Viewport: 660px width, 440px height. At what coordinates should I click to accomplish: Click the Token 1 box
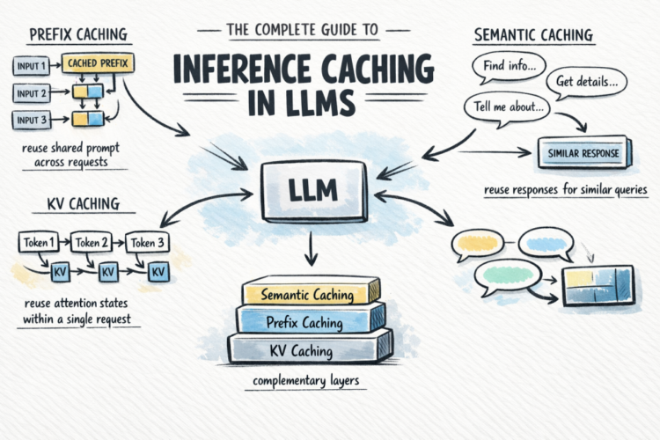[38, 240]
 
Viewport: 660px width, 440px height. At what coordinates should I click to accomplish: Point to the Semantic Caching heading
[533, 36]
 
